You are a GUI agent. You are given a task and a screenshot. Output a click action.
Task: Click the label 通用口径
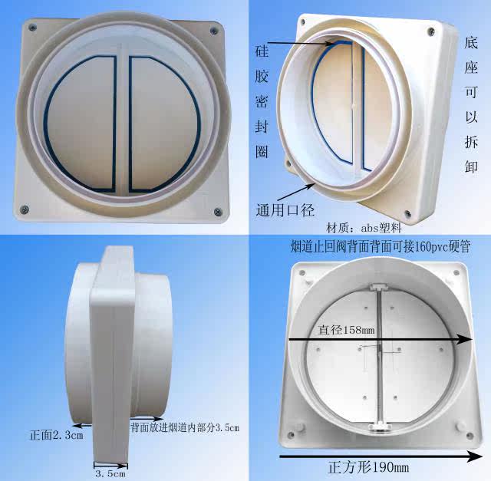coord(285,210)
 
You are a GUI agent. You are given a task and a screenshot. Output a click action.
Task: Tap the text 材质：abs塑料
coord(364,227)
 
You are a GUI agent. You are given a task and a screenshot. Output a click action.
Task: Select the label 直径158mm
coord(346,329)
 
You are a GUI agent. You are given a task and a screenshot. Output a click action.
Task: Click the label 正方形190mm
coord(369,467)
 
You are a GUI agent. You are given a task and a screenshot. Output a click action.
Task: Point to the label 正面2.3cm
coord(57,435)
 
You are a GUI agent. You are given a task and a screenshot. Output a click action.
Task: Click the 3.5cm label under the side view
coord(110,473)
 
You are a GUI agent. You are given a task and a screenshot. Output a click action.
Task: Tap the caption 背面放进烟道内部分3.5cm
coord(185,427)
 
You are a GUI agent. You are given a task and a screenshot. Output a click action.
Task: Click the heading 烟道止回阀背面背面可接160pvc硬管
coord(381,246)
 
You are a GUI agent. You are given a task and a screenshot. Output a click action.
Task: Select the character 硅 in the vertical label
coord(262,51)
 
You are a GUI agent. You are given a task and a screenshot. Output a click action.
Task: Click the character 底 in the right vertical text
coord(471,42)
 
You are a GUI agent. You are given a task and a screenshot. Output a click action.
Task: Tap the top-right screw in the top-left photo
coord(214,31)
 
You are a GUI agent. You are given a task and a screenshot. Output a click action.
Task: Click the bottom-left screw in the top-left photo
coord(24,209)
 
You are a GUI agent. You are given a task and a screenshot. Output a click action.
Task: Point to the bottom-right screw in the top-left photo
coord(218,212)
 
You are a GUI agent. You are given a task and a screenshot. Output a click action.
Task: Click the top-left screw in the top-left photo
coord(32,28)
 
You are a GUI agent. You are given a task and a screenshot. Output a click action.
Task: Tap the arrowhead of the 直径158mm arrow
coord(464,339)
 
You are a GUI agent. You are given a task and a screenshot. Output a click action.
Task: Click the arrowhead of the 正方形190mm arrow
coord(474,456)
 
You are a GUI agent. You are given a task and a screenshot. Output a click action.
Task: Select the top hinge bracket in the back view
coord(379,287)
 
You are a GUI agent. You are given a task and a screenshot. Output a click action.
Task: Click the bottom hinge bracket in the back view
coord(380,427)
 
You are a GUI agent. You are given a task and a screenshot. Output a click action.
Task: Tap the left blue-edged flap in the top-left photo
coord(82,124)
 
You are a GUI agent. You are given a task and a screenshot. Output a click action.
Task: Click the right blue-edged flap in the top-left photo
coord(163,124)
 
